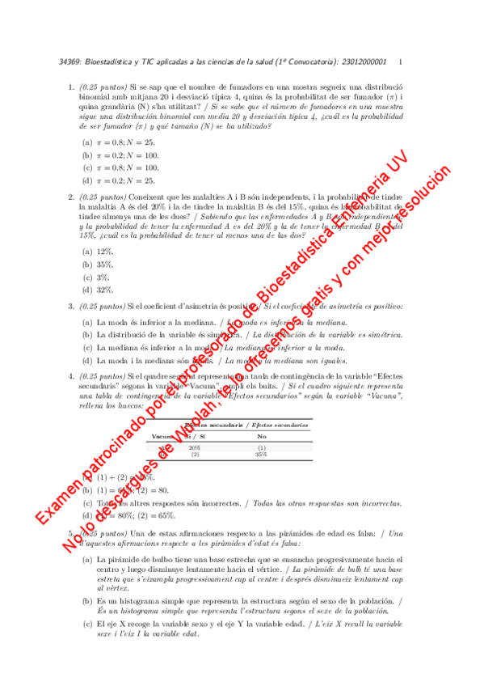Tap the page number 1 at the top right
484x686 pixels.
pyautogui.click(x=401, y=62)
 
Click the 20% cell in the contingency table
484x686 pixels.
pyautogui.click(x=194, y=447)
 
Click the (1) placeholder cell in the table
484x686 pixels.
pyautogui.click(x=261, y=447)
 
